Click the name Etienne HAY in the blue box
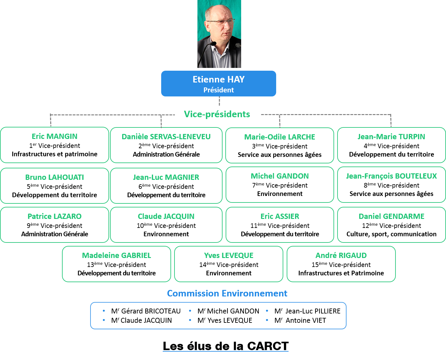point(219,80)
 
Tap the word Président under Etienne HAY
point(219,90)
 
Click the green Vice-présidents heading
point(217,114)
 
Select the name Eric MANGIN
point(55,136)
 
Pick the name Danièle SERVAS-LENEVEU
point(166,137)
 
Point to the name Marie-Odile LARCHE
point(280,137)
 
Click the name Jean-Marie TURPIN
point(391,137)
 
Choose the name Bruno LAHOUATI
point(55,177)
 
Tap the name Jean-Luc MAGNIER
point(166,177)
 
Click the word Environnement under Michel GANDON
point(280,194)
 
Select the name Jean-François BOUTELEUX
point(391,176)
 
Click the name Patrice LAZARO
point(55,216)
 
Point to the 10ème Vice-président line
point(166,226)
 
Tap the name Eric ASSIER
point(280,216)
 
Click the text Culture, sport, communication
point(391,234)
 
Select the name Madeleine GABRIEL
point(117,256)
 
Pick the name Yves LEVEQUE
point(229,256)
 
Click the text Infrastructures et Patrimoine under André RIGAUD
point(341,273)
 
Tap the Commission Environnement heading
point(227,293)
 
